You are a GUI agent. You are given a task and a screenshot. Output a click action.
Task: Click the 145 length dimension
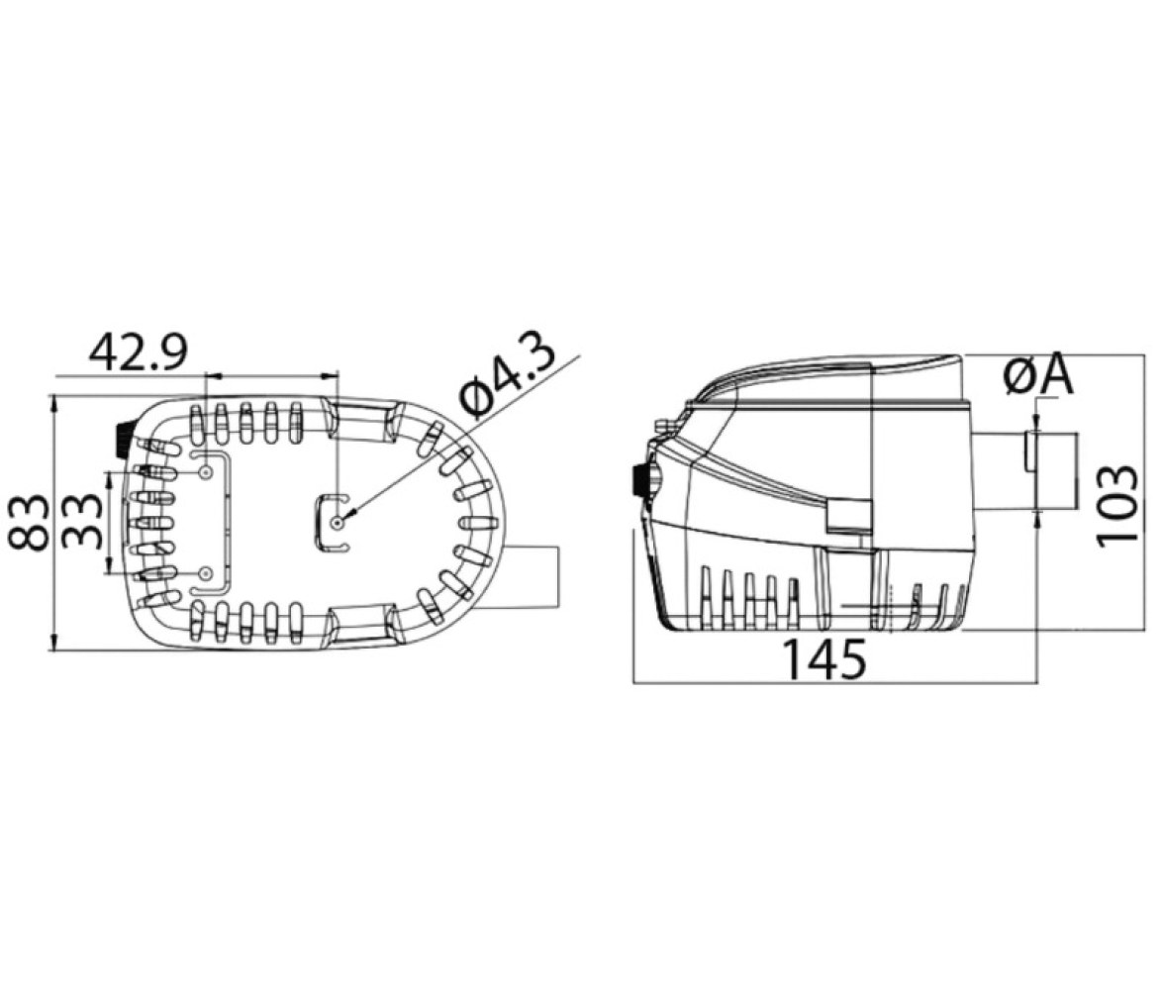[x=824, y=658]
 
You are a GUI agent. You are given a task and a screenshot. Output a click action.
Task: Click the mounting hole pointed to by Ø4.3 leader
[x=337, y=523]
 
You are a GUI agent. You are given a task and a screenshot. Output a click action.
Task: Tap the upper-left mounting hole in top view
[x=206, y=472]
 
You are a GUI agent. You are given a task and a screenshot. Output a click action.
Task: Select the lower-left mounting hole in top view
[x=206, y=573]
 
